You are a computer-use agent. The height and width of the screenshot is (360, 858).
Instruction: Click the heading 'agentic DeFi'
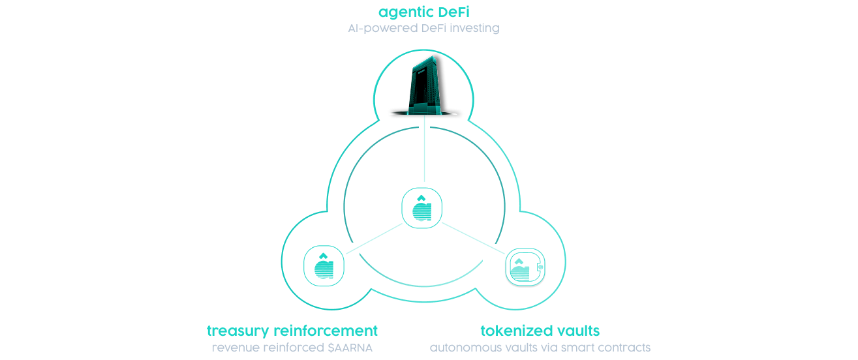423,12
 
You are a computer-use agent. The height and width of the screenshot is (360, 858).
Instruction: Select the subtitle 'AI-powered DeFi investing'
423,29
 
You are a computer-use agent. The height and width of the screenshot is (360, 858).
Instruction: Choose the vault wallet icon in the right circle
525,267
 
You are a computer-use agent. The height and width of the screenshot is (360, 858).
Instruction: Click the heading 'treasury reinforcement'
292,330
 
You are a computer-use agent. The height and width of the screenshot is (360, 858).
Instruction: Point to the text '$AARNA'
350,347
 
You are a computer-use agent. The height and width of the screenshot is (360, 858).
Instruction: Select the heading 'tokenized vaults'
540,330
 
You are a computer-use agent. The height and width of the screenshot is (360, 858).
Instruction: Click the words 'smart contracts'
610,347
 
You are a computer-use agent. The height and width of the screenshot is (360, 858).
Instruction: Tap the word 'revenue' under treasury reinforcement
232,347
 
